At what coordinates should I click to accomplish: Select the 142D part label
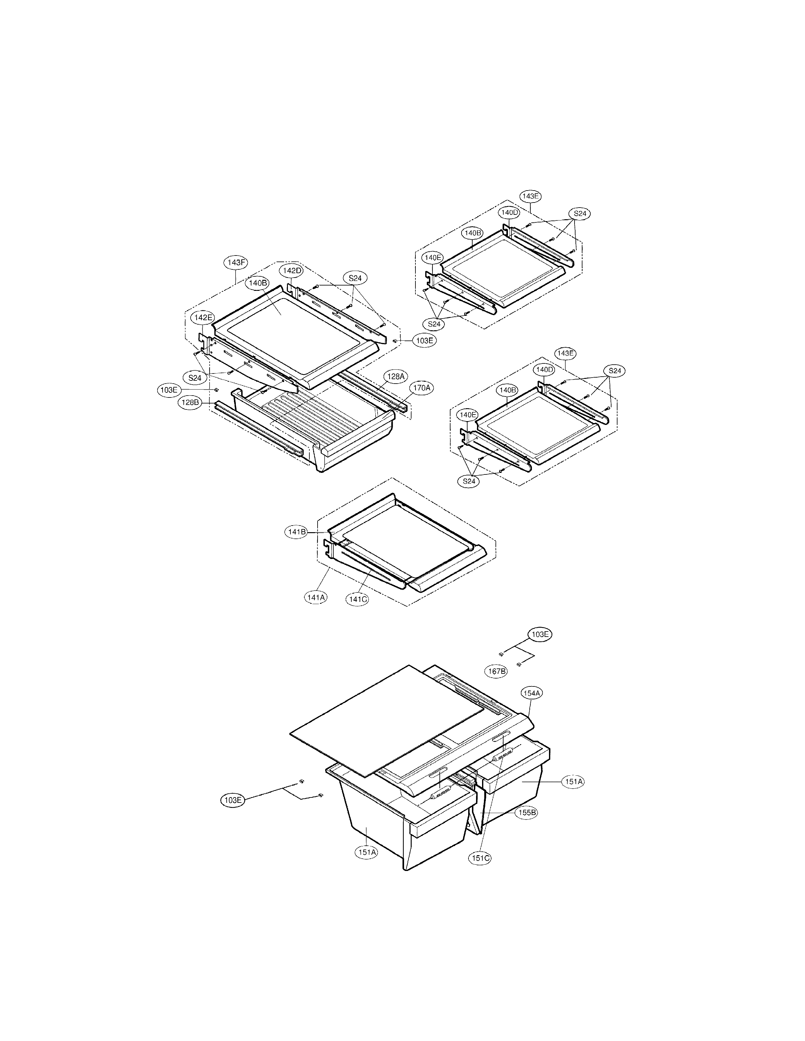[292, 270]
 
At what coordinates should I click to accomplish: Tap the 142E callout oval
[203, 317]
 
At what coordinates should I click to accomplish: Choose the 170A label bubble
[421, 388]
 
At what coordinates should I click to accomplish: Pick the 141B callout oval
[296, 532]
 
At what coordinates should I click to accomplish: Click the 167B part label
[497, 671]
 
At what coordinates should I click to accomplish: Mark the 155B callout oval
[527, 813]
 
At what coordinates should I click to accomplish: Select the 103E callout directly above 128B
[168, 389]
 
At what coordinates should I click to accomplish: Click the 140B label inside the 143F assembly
[258, 283]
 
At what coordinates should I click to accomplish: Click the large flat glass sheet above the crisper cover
[386, 720]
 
